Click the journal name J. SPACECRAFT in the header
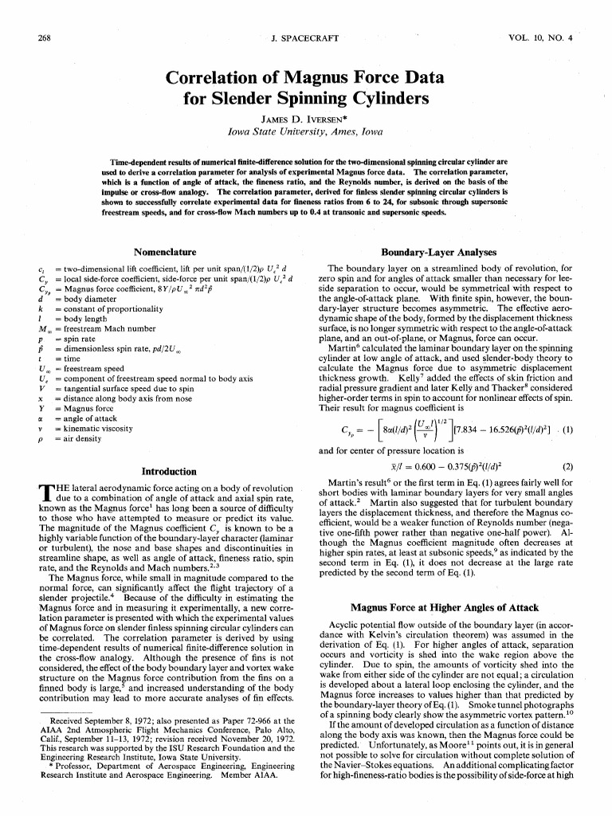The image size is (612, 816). (x=304, y=37)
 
